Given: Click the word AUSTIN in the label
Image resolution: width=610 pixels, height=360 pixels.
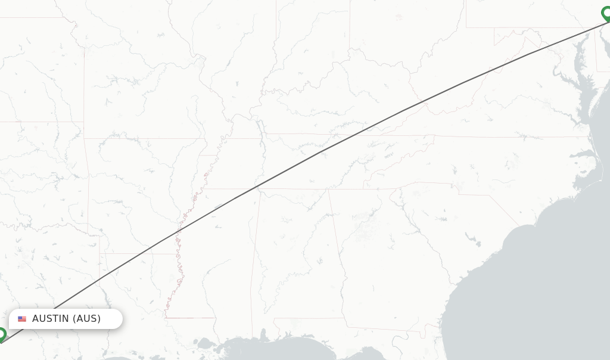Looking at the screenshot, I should (51, 319).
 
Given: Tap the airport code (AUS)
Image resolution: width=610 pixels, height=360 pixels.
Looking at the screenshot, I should (87, 319).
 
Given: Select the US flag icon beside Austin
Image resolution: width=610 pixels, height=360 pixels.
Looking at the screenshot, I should (22, 319).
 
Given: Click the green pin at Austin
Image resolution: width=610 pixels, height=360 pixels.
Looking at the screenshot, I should (2, 334).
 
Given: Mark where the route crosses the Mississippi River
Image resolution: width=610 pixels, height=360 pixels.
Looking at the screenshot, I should (177, 234).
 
